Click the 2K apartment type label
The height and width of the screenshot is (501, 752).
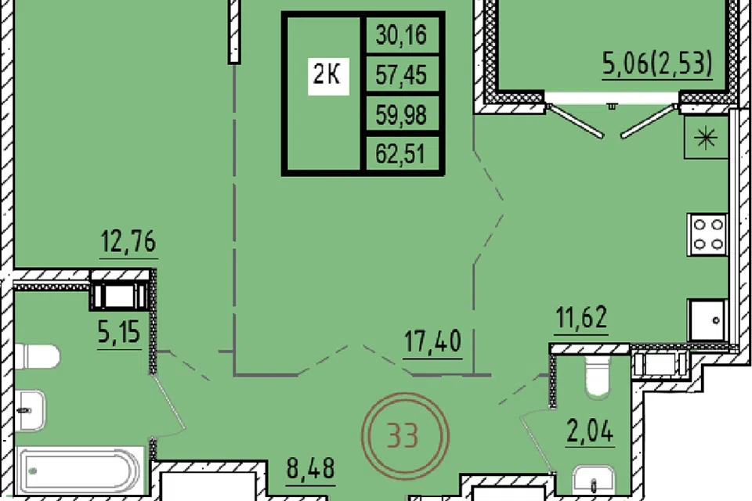click(328, 75)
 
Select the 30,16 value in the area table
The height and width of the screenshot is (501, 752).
click(401, 35)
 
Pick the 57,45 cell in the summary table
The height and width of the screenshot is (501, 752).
click(401, 75)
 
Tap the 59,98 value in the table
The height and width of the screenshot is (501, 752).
click(401, 114)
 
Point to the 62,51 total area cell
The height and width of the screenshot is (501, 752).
click(400, 154)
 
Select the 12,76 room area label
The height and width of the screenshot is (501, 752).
click(128, 242)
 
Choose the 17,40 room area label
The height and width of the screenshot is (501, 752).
click(432, 341)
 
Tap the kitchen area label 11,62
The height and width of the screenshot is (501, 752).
click(582, 317)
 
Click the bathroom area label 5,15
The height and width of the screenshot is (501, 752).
click(119, 332)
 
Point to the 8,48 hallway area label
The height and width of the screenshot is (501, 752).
click(311, 468)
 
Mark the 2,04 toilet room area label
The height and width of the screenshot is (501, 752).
click(590, 431)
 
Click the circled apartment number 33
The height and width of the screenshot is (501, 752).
click(405, 435)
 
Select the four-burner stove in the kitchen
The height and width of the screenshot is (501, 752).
click(707, 234)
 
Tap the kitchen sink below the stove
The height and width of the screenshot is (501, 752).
click(708, 319)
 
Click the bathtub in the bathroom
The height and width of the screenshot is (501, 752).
click(80, 470)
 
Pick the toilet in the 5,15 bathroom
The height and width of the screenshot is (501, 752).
click(37, 357)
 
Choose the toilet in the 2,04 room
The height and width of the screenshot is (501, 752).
click(597, 377)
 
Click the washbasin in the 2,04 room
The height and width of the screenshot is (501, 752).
click(593, 480)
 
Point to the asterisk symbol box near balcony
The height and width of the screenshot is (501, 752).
click(707, 139)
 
